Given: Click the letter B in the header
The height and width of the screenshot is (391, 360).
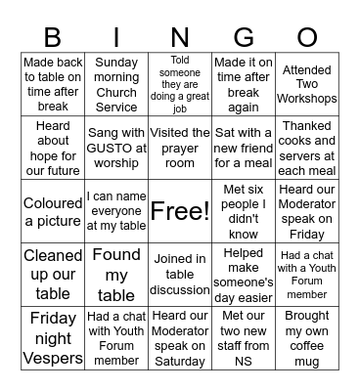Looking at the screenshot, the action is pyautogui.click(x=53, y=36).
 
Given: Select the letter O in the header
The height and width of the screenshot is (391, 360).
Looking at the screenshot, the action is pyautogui.click(x=307, y=36).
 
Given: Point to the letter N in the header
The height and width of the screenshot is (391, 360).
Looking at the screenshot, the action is pyautogui.click(x=180, y=36).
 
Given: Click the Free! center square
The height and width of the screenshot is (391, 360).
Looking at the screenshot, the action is pyautogui.click(x=180, y=211).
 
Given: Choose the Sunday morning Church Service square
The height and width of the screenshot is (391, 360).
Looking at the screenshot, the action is pyautogui.click(x=116, y=84).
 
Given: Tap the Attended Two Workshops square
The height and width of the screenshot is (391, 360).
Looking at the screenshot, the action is pyautogui.click(x=307, y=84).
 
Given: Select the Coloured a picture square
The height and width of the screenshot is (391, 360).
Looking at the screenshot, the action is pyautogui.click(x=53, y=211).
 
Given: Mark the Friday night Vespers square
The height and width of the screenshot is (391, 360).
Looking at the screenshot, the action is pyautogui.click(x=53, y=338).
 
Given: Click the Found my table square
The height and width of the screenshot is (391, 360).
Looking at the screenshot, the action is pyautogui.click(x=116, y=275).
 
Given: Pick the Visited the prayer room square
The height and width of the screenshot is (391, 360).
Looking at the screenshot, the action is pyautogui.click(x=180, y=148).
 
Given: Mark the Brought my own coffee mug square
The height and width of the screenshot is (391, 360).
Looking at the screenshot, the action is pyautogui.click(x=307, y=338).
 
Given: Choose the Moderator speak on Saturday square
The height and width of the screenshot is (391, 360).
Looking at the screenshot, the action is pyautogui.click(x=180, y=338).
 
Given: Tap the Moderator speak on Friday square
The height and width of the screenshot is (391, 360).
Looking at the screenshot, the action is pyautogui.click(x=307, y=211).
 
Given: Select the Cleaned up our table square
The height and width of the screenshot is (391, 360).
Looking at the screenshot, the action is pyautogui.click(x=53, y=275).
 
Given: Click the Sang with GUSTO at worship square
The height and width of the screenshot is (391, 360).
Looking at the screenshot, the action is pyautogui.click(x=116, y=148).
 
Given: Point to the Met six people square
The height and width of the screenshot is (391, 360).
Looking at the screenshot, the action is pyautogui.click(x=244, y=211).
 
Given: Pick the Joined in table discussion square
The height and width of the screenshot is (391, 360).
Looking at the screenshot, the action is pyautogui.click(x=180, y=275).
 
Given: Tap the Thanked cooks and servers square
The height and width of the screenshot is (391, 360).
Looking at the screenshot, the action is pyautogui.click(x=307, y=148).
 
